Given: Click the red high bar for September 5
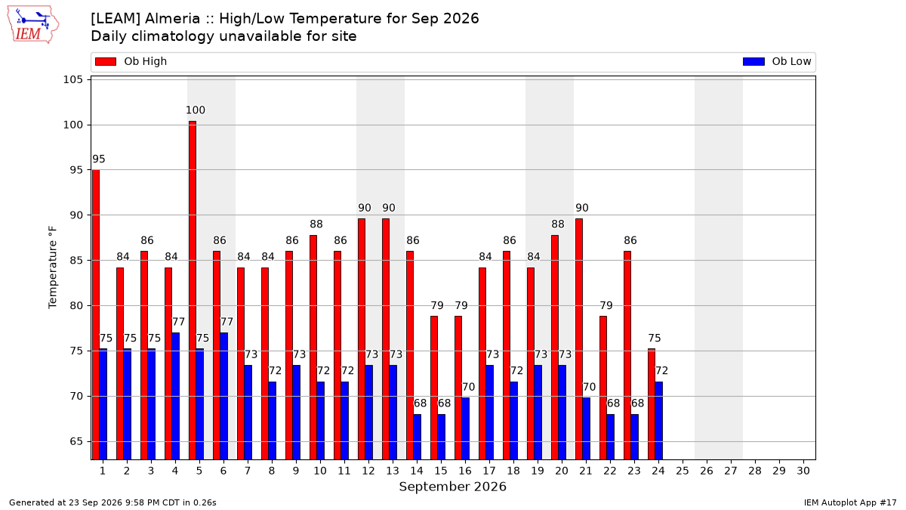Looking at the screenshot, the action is pyautogui.click(x=193, y=290).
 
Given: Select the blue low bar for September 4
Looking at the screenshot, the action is pyautogui.click(x=175, y=396).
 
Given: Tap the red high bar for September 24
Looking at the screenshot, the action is pyautogui.click(x=652, y=404).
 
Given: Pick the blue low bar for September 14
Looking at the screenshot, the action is pyautogui.click(x=417, y=437).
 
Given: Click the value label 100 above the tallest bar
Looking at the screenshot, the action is pyautogui.click(x=196, y=110).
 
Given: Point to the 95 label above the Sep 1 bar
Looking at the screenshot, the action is pyautogui.click(x=99, y=159).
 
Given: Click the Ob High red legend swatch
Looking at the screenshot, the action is pyautogui.click(x=106, y=61).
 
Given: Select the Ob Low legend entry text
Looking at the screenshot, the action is pyautogui.click(x=791, y=61).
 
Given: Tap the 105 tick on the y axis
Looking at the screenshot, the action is pyautogui.click(x=72, y=79).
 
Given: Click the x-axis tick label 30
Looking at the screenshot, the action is pyautogui.click(x=803, y=471).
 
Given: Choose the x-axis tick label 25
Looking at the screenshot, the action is pyautogui.click(x=683, y=471).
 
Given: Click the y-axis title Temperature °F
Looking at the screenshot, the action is pyautogui.click(x=53, y=267).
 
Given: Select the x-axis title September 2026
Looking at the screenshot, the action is pyautogui.click(x=452, y=487).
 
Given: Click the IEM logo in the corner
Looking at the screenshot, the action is pyautogui.click(x=32, y=25).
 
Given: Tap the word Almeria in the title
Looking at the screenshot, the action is pyautogui.click(x=172, y=19).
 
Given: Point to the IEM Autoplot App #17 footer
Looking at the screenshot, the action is pyautogui.click(x=850, y=502).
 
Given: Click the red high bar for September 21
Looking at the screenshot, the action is pyautogui.click(x=579, y=339).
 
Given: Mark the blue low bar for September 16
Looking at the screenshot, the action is pyautogui.click(x=466, y=428).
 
